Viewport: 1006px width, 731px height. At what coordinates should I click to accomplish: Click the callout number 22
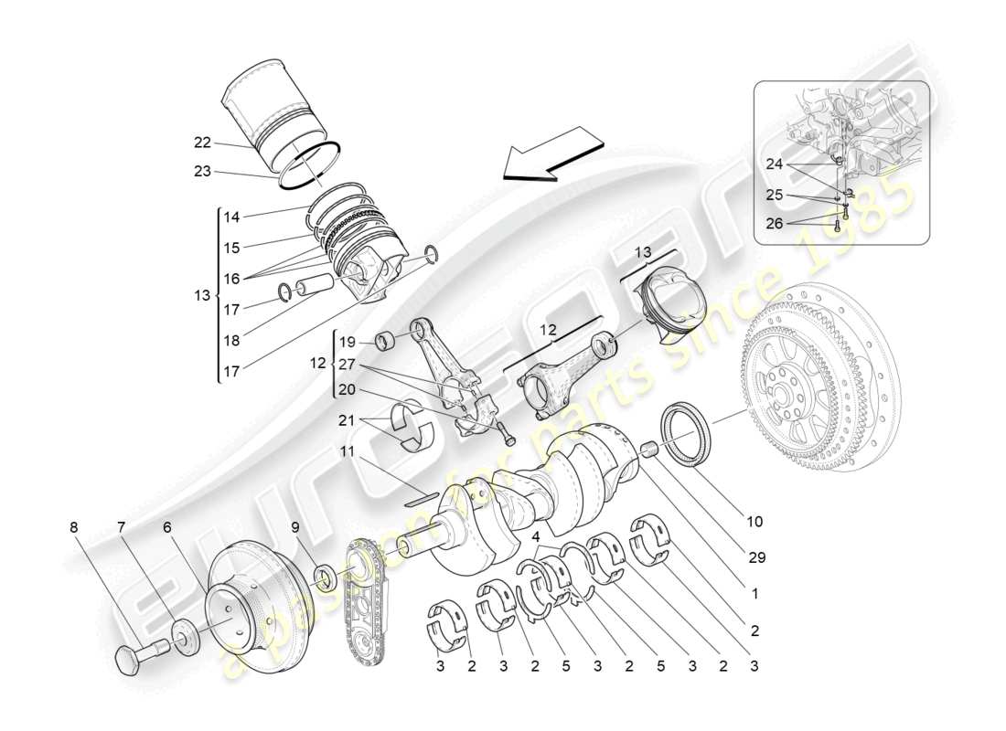[x=202, y=142]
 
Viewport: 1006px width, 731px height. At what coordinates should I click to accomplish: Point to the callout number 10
[x=754, y=522]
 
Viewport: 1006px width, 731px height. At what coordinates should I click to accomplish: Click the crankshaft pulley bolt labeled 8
[x=137, y=656]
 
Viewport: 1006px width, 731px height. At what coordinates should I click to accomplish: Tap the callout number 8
[x=73, y=527]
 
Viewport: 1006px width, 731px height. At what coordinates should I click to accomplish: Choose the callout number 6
[x=167, y=527]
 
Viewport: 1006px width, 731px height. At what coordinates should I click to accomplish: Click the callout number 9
[x=295, y=527]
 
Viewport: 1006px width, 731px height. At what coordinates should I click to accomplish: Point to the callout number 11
[x=348, y=452]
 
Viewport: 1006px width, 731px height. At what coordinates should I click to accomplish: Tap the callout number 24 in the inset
[x=776, y=164]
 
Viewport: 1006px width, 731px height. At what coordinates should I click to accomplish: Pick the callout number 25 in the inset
[x=776, y=195]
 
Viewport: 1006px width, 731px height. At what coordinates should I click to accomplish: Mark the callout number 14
[x=231, y=217]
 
